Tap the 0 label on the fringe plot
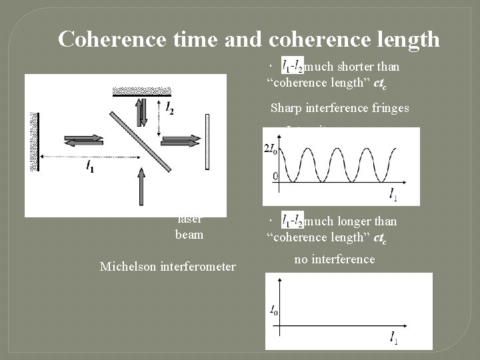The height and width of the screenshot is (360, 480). click(275, 177)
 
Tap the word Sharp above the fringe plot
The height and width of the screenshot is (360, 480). click(287, 108)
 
